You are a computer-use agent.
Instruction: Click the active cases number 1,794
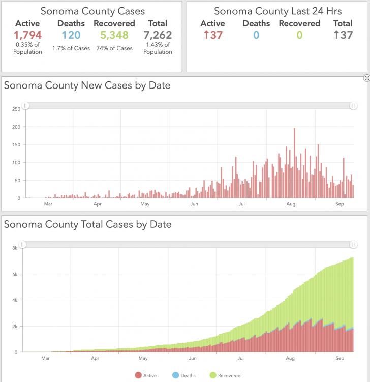coord(27,35)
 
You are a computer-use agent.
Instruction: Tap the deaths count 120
coord(71,35)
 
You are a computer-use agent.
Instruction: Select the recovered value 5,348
coord(114,35)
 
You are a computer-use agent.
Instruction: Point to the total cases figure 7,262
coord(158,35)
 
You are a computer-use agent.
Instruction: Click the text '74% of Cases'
coord(114,48)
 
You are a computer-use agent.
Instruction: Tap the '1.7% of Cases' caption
coord(71,48)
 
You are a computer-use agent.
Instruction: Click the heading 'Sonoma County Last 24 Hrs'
coord(277,11)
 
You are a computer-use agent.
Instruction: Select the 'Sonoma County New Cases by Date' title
coord(87,85)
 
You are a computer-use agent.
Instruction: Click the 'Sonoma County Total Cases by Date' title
coord(87,224)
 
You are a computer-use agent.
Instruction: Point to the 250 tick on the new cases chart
coord(16,109)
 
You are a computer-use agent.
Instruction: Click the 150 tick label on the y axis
coord(16,144)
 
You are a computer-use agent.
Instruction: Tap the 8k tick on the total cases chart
coord(15,248)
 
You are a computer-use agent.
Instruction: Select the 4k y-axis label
coord(15,300)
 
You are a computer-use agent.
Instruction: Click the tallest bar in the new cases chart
coord(295,163)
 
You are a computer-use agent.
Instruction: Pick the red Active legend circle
coord(138,375)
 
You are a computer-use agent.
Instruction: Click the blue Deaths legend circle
coord(175,375)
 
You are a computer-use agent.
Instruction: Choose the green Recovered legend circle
coord(213,375)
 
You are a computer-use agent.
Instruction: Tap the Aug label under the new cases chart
coord(291,204)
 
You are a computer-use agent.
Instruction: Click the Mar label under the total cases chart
coord(46,358)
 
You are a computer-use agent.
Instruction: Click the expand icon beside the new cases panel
coord(366,78)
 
